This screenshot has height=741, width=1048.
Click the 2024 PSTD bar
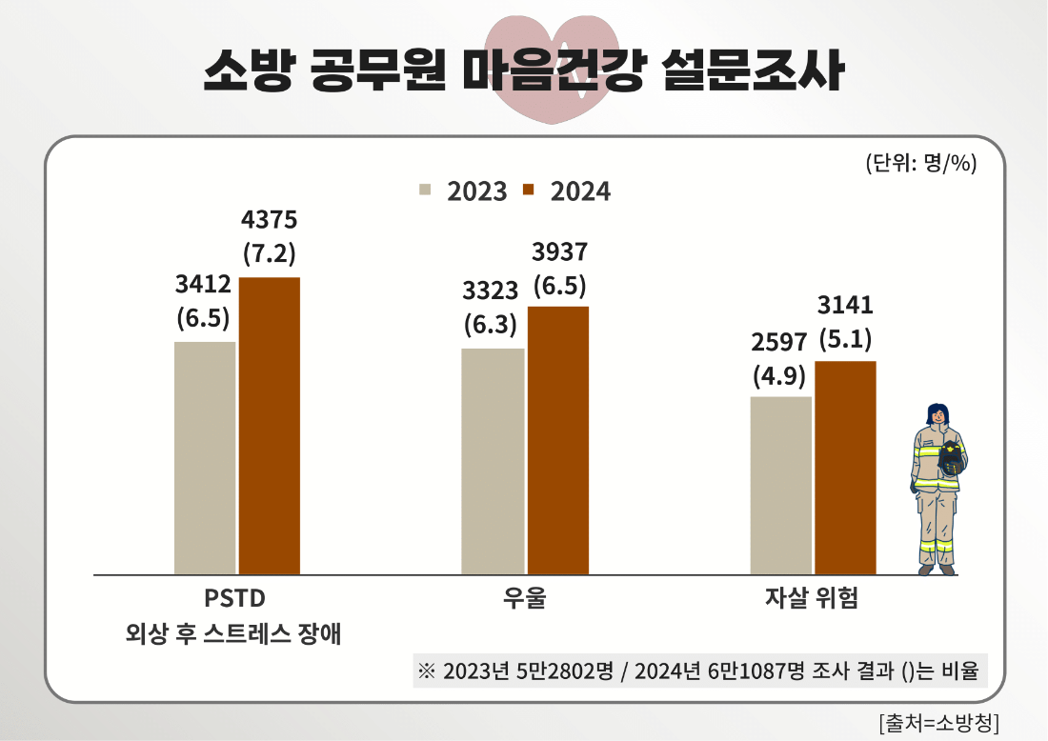coord(270,426)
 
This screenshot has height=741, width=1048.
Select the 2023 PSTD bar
coord(205,457)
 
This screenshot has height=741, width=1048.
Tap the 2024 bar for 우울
coord(558,440)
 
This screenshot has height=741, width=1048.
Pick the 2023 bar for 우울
coord(494,461)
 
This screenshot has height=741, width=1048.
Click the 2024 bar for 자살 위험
coord(845,468)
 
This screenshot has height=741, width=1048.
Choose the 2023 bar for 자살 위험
coord(781,485)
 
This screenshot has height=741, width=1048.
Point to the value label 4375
coord(270,220)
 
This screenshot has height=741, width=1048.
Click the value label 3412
coord(204,284)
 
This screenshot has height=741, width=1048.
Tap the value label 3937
coord(559,251)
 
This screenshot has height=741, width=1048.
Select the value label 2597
coord(779,340)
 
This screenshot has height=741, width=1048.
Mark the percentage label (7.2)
coord(270,254)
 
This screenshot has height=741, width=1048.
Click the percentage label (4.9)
coord(779,374)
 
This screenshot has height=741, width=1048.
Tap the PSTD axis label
coord(234,599)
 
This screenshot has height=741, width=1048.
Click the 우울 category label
coord(525,599)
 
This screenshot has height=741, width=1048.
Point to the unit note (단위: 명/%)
coord(921,163)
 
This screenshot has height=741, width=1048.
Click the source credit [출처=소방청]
coord(938,720)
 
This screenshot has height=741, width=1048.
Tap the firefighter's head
coord(938,415)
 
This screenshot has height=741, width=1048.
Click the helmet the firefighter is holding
coord(951,460)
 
